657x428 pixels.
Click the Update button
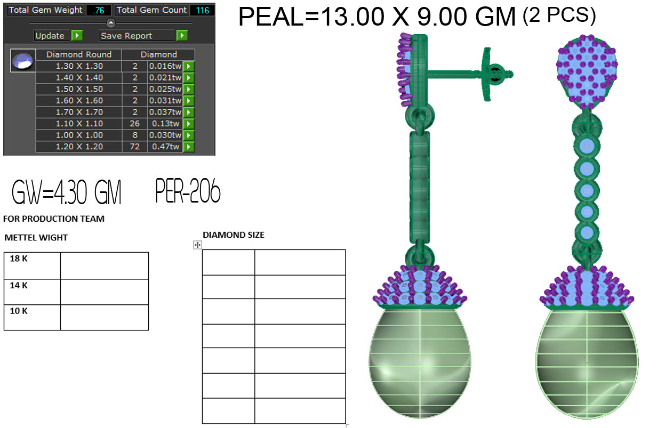[50, 36]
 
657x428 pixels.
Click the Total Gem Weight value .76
[99, 10]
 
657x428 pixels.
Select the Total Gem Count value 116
[202, 10]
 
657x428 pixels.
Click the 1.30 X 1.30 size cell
[79, 66]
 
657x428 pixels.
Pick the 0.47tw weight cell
[165, 147]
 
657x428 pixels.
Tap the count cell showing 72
[134, 147]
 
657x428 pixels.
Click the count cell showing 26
[134, 124]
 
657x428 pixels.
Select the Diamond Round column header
[79, 54]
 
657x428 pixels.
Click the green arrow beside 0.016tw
[189, 66]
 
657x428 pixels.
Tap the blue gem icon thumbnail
[23, 61]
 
